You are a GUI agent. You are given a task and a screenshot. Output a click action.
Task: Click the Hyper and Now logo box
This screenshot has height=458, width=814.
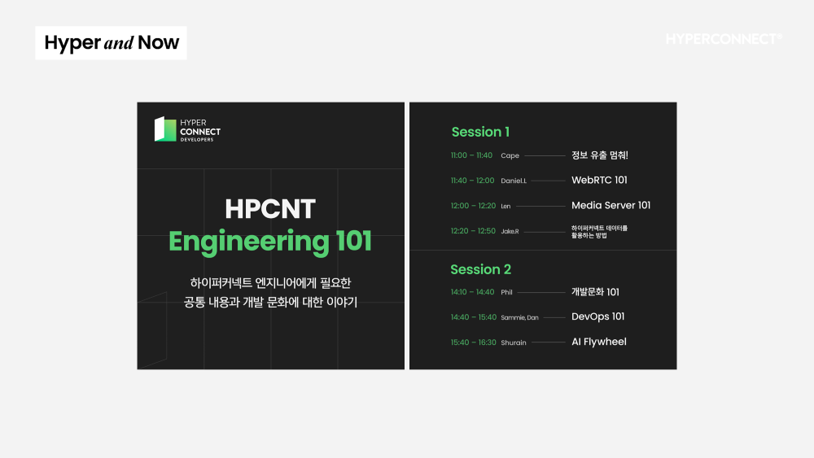pyautogui.click(x=111, y=43)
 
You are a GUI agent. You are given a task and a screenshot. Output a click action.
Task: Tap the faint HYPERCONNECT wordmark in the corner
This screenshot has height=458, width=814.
pyautogui.click(x=724, y=39)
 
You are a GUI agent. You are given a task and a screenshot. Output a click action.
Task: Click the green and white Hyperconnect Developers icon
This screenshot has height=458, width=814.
pyautogui.click(x=165, y=129)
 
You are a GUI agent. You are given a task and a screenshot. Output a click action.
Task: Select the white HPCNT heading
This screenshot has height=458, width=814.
pyautogui.click(x=270, y=209)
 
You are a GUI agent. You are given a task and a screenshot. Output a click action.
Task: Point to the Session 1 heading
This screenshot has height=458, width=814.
pyautogui.click(x=480, y=132)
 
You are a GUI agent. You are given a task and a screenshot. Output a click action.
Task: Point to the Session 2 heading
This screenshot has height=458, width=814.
pyautogui.click(x=481, y=269)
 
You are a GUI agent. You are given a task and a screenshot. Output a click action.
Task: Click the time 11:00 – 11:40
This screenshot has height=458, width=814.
pyautogui.click(x=471, y=155)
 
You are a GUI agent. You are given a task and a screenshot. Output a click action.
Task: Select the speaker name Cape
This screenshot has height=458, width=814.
pyautogui.click(x=510, y=155)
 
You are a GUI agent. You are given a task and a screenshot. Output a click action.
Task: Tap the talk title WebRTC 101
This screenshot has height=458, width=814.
pyautogui.click(x=599, y=180)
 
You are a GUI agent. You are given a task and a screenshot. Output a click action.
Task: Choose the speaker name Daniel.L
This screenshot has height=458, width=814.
pyautogui.click(x=514, y=181)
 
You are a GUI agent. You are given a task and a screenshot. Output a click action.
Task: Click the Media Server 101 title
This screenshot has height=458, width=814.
pyautogui.click(x=610, y=205)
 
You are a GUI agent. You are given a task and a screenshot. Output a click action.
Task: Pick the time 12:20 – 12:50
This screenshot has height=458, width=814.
pyautogui.click(x=473, y=231)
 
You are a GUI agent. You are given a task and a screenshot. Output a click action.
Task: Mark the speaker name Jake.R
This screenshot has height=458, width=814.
pyautogui.click(x=510, y=231)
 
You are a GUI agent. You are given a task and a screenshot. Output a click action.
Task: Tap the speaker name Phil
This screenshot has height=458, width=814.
pyautogui.click(x=506, y=292)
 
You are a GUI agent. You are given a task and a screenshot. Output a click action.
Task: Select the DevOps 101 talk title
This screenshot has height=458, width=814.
pyautogui.click(x=597, y=317)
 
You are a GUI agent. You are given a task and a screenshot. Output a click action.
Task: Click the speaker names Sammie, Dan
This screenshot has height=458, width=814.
pyautogui.click(x=519, y=317)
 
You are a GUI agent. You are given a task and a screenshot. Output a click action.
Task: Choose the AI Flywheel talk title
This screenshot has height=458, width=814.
pyautogui.click(x=598, y=342)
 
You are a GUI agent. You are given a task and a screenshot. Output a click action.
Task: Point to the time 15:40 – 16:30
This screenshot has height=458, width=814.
pyautogui.click(x=474, y=342)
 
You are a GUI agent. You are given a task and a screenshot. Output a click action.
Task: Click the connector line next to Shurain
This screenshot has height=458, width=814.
pyautogui.click(x=548, y=342)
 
